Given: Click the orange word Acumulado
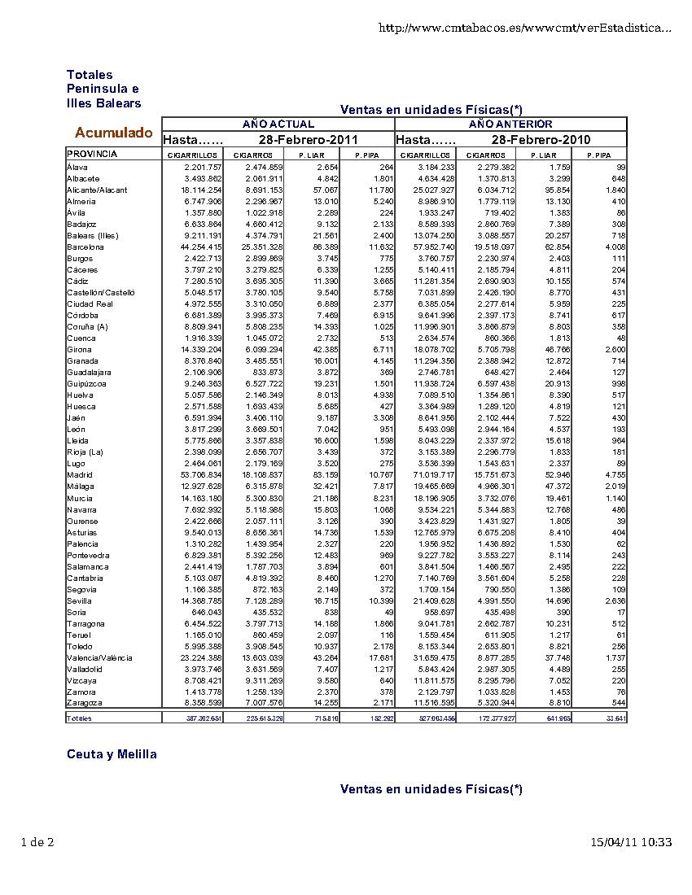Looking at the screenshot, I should [113, 133].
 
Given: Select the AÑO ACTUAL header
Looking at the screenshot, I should [278, 124].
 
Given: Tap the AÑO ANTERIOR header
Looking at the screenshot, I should [510, 124].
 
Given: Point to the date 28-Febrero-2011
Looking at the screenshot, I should [303, 140].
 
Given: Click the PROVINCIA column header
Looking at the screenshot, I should [92, 154].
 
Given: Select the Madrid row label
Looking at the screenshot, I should [80, 474].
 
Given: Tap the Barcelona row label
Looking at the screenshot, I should [85, 247].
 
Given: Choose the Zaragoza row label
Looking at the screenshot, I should [85, 702].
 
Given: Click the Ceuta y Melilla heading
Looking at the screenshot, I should [112, 754].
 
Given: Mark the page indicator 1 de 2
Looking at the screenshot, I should [37, 842].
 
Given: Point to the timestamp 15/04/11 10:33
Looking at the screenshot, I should [631, 842].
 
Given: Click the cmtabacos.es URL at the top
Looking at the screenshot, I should [525, 28].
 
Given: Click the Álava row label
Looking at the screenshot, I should [77, 167].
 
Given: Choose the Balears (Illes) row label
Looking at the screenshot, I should [93, 235].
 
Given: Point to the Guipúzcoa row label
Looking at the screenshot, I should [86, 383].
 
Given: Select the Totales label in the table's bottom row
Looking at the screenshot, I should [79, 718].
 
